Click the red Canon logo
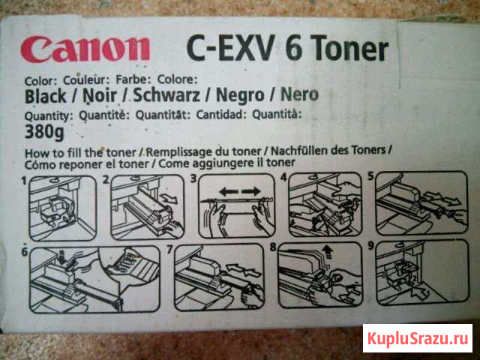coord(85,49)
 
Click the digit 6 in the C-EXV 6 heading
coord(293,47)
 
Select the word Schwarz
coord(166,95)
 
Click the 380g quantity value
coord(44,132)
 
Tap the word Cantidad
coord(221,115)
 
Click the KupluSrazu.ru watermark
coord(418,338)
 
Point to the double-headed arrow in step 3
coord(240,192)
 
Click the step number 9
coord(370,245)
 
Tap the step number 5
coord(370,176)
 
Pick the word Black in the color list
coord(45,97)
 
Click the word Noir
coord(100,96)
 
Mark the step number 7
coord(169,250)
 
